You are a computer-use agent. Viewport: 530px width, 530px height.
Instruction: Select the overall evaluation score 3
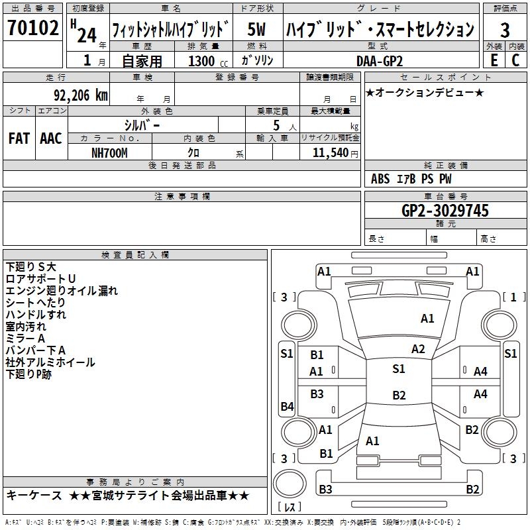pyautogui.click(x=505, y=30)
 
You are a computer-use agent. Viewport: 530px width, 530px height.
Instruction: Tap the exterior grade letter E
pyautogui.click(x=494, y=60)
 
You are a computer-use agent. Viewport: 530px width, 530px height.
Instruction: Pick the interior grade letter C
pyautogui.click(x=515, y=60)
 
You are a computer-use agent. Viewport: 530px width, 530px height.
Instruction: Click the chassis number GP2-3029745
pyautogui.click(x=445, y=211)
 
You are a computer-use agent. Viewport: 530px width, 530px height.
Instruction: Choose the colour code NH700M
pyautogui.click(x=109, y=152)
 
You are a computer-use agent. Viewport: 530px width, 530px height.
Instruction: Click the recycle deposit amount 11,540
pyautogui.click(x=329, y=152)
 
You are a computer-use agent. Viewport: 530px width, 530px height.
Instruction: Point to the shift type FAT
pyautogui.click(x=19, y=138)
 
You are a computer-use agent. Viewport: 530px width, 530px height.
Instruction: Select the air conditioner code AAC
pyautogui.click(x=50, y=138)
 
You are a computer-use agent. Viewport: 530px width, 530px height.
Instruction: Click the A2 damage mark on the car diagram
pyautogui.click(x=418, y=349)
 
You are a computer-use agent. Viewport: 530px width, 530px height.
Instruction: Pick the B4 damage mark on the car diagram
pyautogui.click(x=286, y=407)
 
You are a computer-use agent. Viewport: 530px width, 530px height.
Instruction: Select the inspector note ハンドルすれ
pyautogui.click(x=36, y=314)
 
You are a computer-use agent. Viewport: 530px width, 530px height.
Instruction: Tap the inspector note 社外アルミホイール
pyautogui.click(x=50, y=362)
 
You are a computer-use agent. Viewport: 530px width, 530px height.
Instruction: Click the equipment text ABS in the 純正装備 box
pyautogui.click(x=380, y=179)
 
